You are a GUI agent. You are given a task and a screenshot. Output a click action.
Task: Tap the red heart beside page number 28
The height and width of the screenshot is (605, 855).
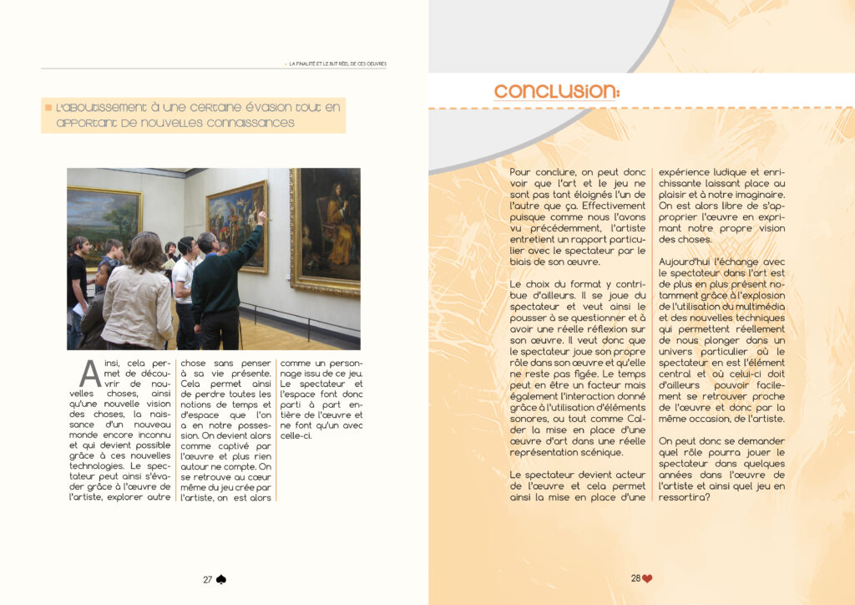(647, 578)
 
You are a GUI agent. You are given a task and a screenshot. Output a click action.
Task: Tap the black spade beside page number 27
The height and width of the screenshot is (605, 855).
(221, 579)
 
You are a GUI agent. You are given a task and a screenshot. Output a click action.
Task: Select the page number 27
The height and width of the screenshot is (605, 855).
(208, 579)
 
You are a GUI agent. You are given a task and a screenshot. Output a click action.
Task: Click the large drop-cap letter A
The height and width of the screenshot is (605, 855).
(89, 374)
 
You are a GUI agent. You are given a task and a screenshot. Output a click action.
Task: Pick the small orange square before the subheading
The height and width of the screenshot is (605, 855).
(48, 108)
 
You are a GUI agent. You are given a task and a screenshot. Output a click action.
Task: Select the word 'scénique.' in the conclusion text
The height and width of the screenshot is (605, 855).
(615, 452)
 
